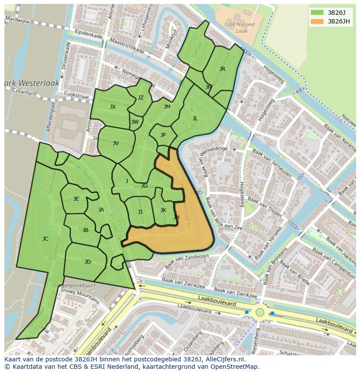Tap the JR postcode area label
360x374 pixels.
click(x=222, y=69)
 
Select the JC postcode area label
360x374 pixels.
click(x=45, y=238)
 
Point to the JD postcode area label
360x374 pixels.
click(x=88, y=261)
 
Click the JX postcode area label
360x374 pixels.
click(x=113, y=107)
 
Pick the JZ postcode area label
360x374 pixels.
click(x=140, y=98)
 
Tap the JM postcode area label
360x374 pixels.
click(x=167, y=107)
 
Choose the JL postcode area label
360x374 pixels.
click(x=195, y=118)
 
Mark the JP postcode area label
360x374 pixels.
click(x=163, y=135)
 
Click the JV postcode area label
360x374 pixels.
click(x=116, y=143)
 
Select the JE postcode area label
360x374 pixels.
click(x=76, y=199)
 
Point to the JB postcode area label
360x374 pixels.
click(x=85, y=230)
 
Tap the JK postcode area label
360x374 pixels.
click(x=163, y=210)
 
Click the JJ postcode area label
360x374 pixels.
click(x=140, y=212)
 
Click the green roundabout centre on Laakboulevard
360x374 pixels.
click(x=260, y=312)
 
